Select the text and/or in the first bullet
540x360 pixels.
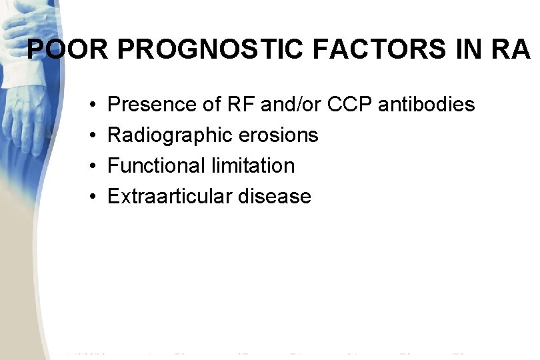(289, 104)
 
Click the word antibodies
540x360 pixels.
(426, 104)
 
